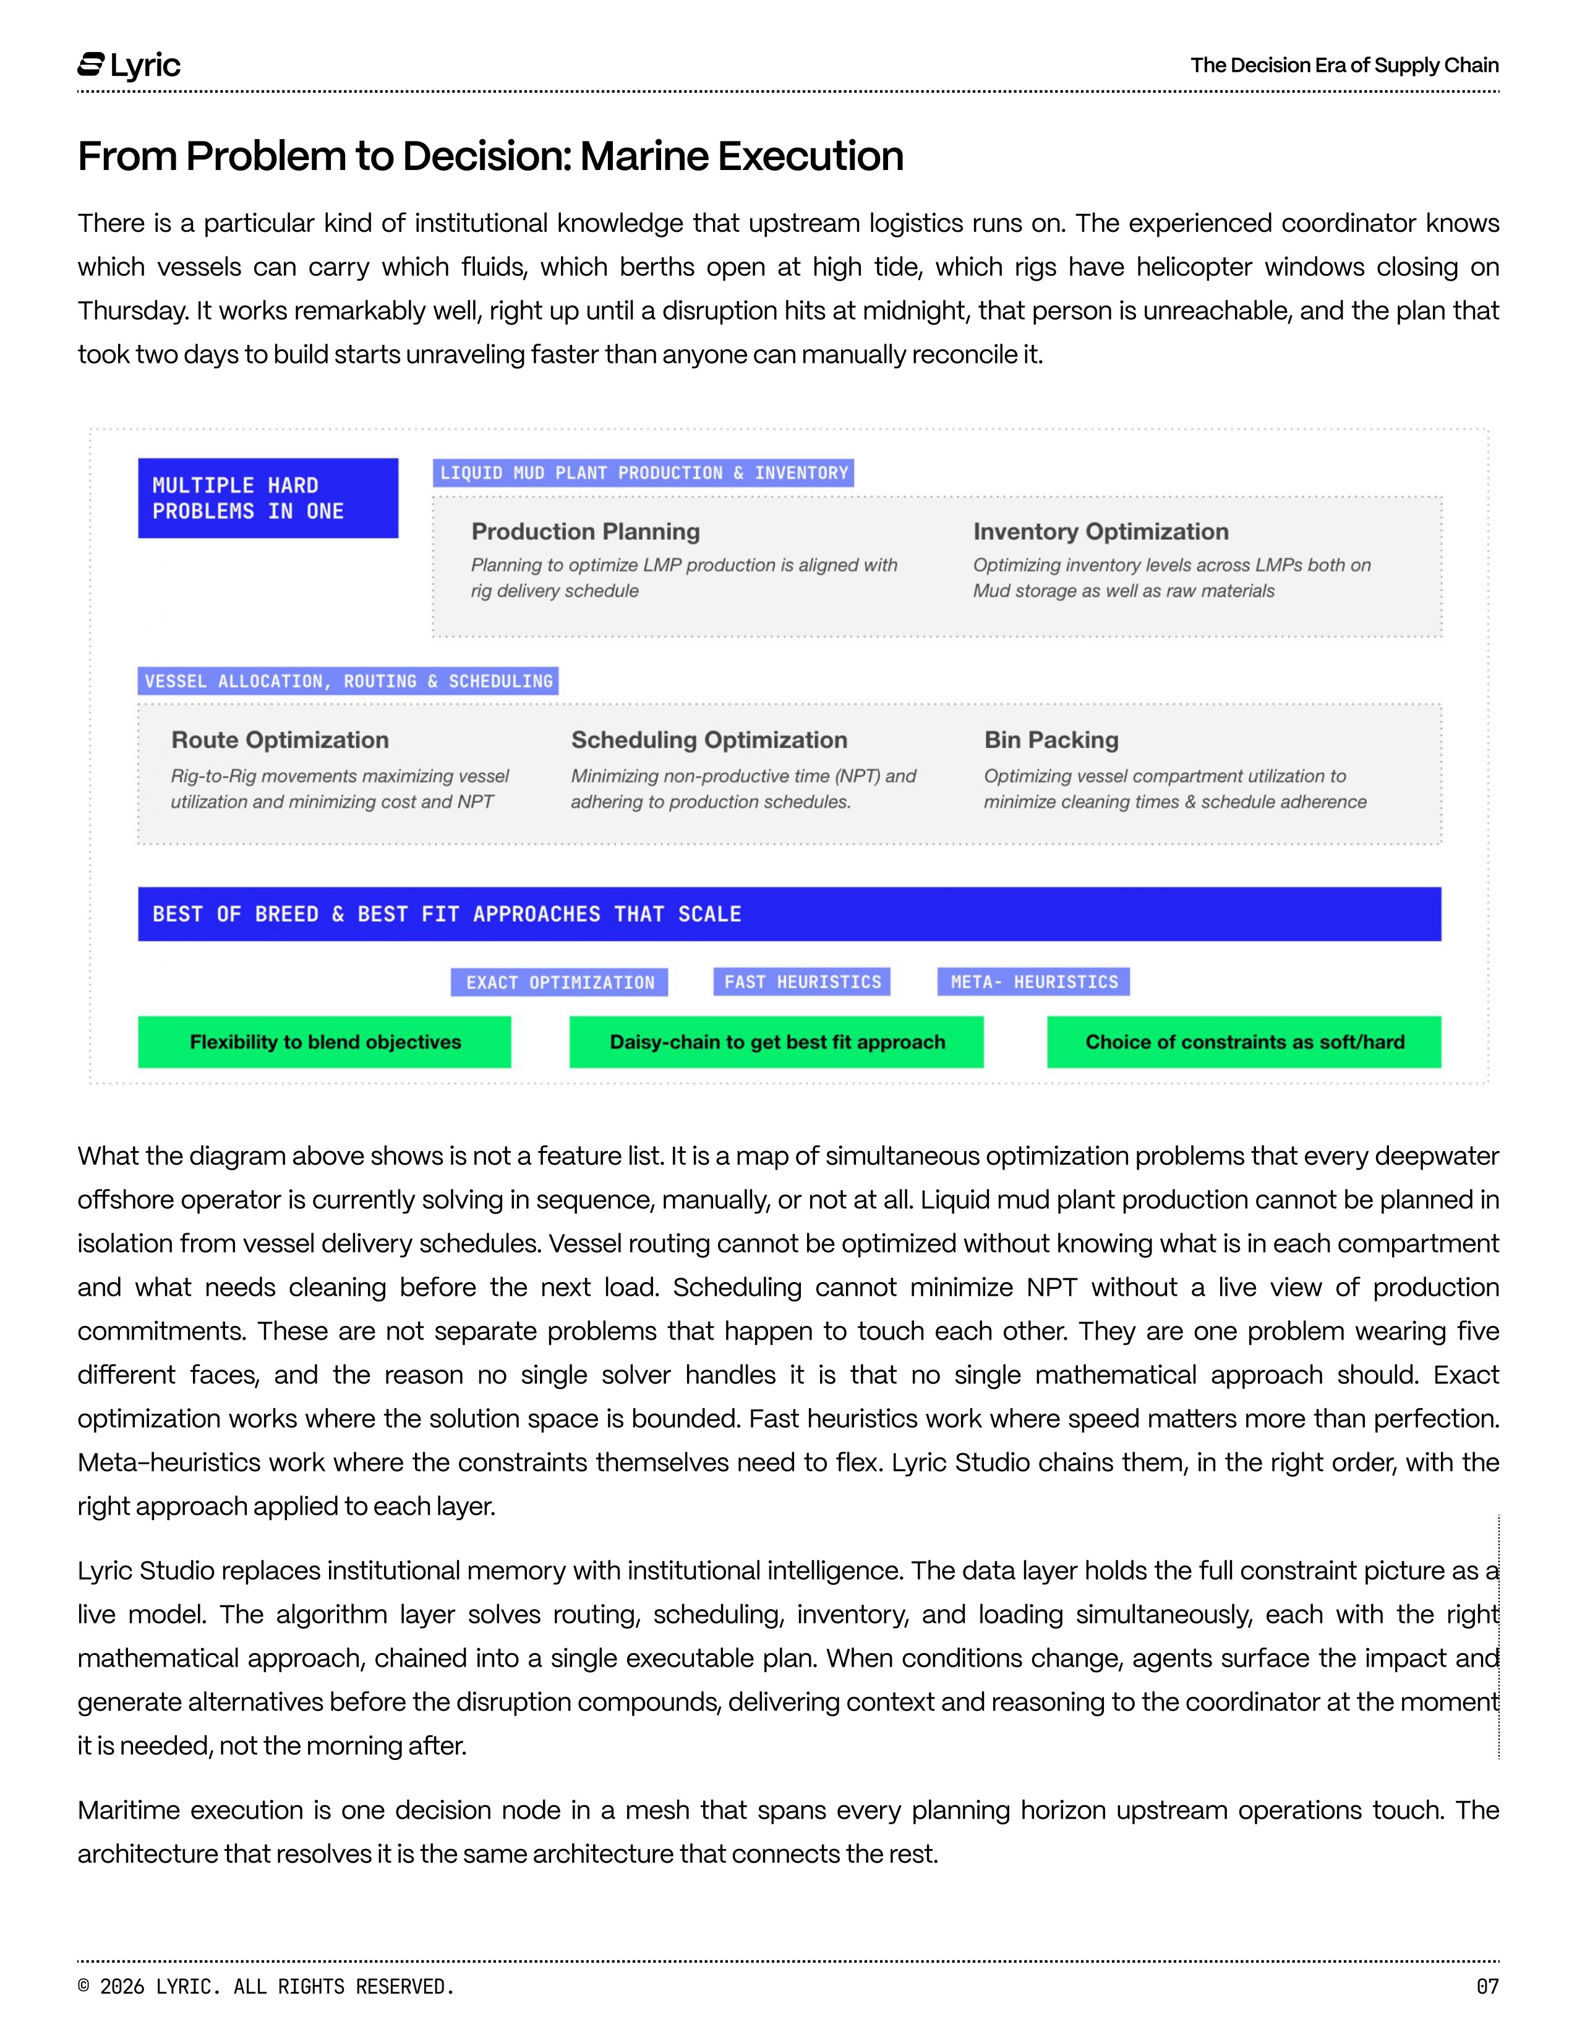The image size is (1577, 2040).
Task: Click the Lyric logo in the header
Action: click(129, 66)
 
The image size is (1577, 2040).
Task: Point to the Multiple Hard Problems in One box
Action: click(268, 498)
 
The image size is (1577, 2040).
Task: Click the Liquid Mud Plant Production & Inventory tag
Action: click(644, 473)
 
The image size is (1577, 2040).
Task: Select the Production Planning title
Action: click(586, 532)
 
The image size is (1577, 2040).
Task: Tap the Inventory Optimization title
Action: click(1101, 532)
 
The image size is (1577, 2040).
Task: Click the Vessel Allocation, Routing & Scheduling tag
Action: click(348, 681)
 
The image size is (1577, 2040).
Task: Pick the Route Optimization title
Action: click(280, 740)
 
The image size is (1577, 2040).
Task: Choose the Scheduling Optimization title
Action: click(709, 740)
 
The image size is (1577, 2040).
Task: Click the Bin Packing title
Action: click(1051, 740)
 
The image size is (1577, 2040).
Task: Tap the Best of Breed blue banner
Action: click(790, 914)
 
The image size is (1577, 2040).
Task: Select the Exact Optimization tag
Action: click(560, 982)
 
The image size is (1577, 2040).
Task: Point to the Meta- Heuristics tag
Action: click(1034, 982)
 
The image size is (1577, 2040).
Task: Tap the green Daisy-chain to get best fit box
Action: click(776, 1042)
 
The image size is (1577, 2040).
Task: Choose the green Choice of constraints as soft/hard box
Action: click(1244, 1042)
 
